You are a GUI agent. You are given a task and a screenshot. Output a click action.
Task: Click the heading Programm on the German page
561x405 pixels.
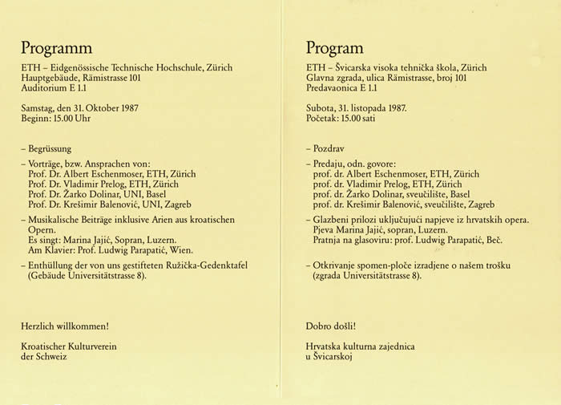pos(56,48)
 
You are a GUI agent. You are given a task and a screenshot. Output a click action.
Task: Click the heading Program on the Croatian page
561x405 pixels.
pos(334,48)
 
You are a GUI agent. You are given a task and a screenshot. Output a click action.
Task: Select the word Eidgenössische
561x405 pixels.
pos(80,68)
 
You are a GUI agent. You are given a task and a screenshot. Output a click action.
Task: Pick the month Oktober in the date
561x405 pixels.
pos(119,108)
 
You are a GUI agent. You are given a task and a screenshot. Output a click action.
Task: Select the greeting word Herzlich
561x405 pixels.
pos(40,326)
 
